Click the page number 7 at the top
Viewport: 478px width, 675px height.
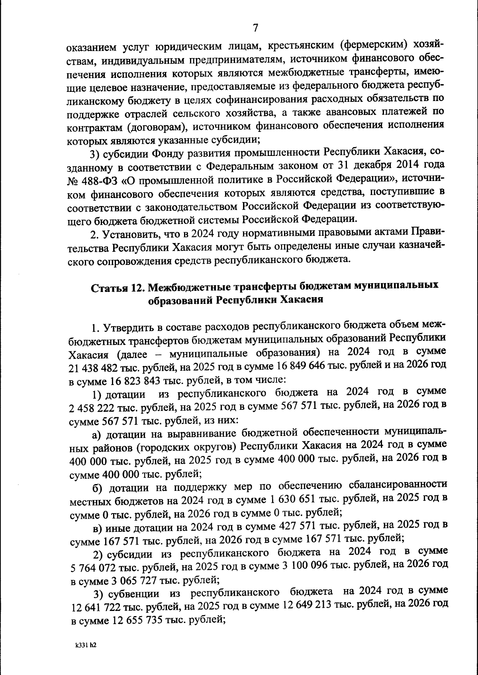(x=255, y=27)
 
